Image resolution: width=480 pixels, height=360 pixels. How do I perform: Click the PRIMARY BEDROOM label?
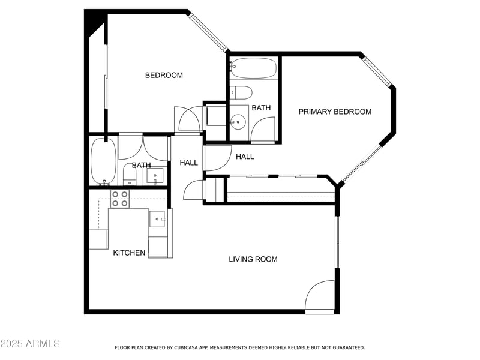pyautogui.click(x=335, y=112)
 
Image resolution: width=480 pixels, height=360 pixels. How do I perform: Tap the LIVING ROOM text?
pyautogui.click(x=253, y=259)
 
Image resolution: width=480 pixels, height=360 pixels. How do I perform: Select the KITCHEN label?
pyautogui.click(x=129, y=253)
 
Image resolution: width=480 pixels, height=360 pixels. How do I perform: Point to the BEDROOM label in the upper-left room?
pyautogui.click(x=164, y=76)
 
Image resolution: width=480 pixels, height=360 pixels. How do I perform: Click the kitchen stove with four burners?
pyautogui.click(x=120, y=199)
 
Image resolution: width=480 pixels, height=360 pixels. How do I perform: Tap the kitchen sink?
pyautogui.click(x=157, y=219)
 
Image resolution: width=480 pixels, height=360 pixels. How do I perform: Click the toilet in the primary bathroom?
pyautogui.click(x=242, y=92)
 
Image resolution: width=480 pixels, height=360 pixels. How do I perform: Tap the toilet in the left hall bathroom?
pyautogui.click(x=130, y=175)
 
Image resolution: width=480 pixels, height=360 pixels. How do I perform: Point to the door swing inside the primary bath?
pyautogui.click(x=264, y=130)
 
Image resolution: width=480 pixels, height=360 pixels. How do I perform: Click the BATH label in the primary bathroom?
pyautogui.click(x=261, y=108)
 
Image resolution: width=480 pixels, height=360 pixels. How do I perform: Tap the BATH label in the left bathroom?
pyautogui.click(x=141, y=166)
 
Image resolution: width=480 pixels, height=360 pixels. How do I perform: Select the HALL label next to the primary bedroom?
pyautogui.click(x=245, y=157)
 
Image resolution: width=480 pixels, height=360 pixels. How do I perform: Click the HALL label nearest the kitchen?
pyautogui.click(x=188, y=163)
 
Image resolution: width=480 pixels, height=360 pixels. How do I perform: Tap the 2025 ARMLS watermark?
pyautogui.click(x=30, y=344)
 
